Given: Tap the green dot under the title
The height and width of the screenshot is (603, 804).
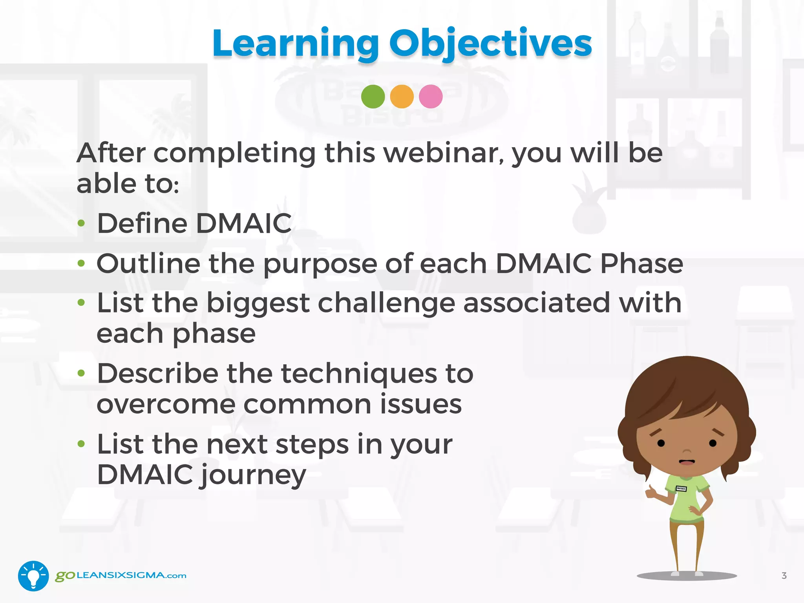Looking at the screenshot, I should tap(373, 97).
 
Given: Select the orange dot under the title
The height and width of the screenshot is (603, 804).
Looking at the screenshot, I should tap(402, 97).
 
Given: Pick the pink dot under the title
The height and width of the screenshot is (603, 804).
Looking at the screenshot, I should tap(431, 97).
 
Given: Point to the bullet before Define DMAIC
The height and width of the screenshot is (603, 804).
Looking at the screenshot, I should tap(81, 223).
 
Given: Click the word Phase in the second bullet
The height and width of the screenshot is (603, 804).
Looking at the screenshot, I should tap(641, 263).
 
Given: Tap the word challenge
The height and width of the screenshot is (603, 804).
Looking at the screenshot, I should tap(386, 303).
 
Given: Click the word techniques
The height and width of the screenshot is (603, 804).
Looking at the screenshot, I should tap(359, 374).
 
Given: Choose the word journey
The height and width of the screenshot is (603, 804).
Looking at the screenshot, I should tap(254, 475).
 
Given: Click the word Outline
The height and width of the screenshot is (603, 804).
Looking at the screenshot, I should tap(148, 263).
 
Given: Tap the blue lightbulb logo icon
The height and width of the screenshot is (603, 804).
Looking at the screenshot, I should tap(33, 576).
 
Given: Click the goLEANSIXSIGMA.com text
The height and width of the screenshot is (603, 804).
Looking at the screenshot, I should tap(121, 576).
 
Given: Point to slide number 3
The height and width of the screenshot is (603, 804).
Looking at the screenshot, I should tap(784, 576).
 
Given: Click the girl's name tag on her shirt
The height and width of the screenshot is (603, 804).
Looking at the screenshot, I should tap(681, 489).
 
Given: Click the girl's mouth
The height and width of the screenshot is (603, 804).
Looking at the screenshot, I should tap(687, 462).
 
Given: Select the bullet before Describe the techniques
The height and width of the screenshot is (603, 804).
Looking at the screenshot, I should tap(81, 373).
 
